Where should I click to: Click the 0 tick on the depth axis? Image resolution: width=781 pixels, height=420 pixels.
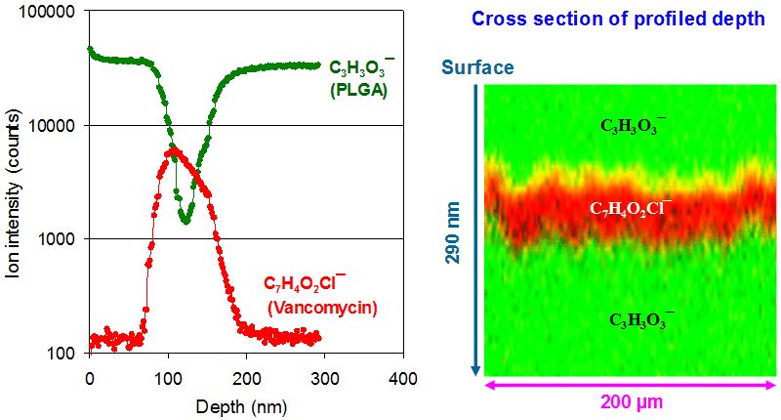pos(90,377)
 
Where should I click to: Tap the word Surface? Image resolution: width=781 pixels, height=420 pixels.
pos(477,67)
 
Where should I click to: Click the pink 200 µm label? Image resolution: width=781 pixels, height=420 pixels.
pos(632,402)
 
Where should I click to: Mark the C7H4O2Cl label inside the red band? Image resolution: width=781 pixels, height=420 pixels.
pos(631,209)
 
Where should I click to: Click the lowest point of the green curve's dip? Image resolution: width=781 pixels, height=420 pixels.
pos(185,222)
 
